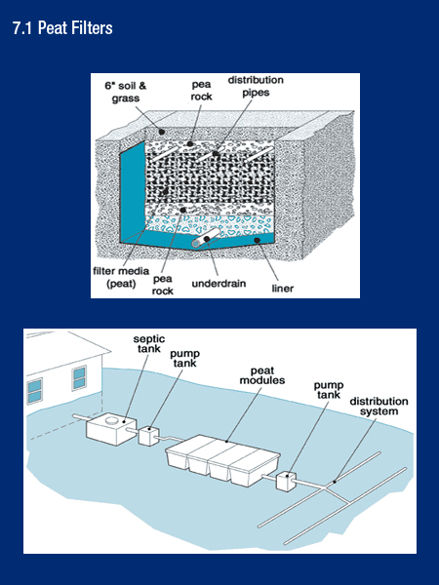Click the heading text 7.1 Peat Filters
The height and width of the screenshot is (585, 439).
pos(62,28)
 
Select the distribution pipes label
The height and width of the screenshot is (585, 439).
pos(251,86)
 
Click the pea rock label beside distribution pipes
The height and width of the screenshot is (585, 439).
pos(201,91)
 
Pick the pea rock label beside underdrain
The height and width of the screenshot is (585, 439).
pos(162,282)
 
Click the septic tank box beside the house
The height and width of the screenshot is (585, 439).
pos(112,428)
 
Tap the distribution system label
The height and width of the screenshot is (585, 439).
pos(379,407)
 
